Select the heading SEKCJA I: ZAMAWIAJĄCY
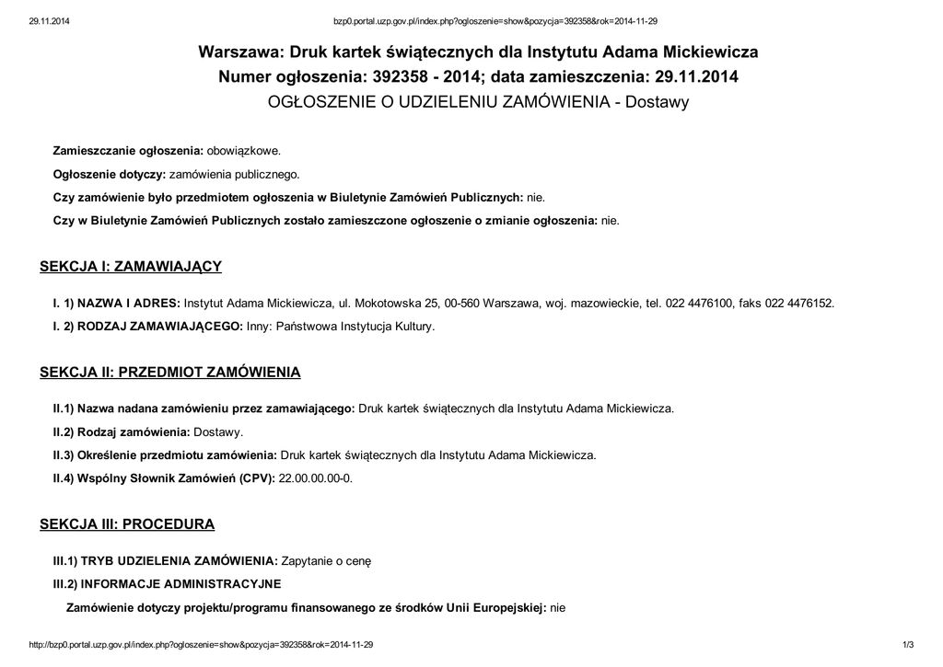click(131, 267)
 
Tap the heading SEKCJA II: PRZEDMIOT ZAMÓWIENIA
click(169, 373)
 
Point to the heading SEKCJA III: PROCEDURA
click(127, 524)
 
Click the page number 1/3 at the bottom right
click(907, 645)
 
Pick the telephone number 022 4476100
click(690, 302)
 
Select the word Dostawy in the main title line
click(657, 102)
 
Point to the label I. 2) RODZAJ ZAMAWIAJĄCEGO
click(148, 326)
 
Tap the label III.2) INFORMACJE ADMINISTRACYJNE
click(167, 583)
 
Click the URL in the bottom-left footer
click(202, 645)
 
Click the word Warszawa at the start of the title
click(242, 52)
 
